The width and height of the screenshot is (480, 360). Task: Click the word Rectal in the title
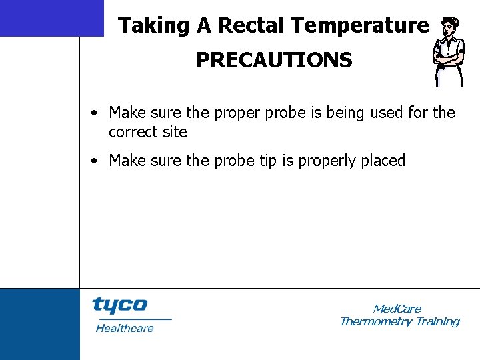252,26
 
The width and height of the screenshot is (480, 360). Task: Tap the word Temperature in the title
360,26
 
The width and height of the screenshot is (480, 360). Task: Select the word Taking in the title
153,26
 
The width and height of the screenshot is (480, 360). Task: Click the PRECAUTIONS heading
273,61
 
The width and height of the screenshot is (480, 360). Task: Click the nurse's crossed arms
448,63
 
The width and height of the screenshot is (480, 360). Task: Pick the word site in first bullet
175,132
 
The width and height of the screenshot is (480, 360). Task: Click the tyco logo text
120,305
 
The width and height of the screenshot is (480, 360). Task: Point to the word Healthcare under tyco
125,328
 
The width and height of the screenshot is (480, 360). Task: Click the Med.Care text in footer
397,309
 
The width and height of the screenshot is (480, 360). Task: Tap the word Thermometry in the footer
375,322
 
